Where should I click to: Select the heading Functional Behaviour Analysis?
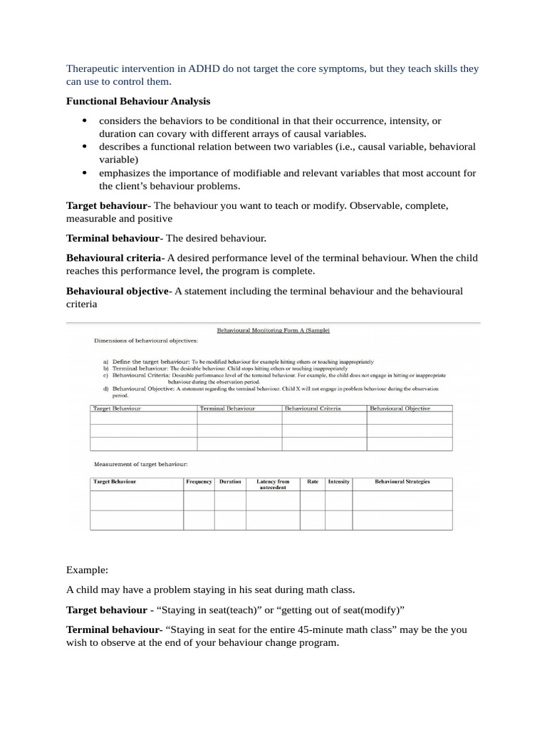(x=138, y=101)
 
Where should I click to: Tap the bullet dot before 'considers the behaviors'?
(x=84, y=121)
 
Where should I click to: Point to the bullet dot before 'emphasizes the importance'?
(x=84, y=173)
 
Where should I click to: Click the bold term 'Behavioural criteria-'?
(x=115, y=257)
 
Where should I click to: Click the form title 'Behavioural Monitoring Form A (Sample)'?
(x=273, y=330)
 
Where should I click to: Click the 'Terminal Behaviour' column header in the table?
(x=227, y=408)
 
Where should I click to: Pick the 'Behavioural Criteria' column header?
(x=313, y=408)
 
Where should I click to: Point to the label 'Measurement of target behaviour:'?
(x=140, y=464)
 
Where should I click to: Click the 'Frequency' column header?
(x=199, y=482)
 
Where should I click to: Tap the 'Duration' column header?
(x=230, y=482)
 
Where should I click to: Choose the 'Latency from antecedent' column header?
(x=273, y=485)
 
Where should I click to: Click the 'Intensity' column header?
(x=338, y=482)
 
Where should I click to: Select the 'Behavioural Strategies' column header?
(x=402, y=482)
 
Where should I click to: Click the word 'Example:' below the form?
(x=87, y=570)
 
